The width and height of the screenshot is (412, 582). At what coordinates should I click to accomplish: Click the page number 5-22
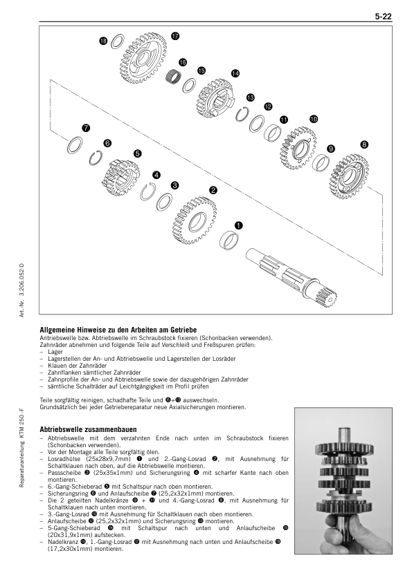tap(383, 17)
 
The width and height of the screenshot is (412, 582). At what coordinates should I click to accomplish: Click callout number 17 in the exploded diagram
tap(175, 36)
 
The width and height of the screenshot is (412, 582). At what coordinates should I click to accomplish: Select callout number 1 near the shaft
tap(238, 225)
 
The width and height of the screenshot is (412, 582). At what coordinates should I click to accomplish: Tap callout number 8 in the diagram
tap(364, 144)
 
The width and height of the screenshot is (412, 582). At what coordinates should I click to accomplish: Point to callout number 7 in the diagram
tap(86, 128)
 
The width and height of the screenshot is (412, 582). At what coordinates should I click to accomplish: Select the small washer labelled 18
tap(118, 41)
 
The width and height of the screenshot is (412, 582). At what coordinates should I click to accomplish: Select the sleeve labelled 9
tap(321, 162)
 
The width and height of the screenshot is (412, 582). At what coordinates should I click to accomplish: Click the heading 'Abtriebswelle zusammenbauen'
tap(88, 429)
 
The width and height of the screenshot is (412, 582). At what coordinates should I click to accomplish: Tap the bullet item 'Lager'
tap(55, 352)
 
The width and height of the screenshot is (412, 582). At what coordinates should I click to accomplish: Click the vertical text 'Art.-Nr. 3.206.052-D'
tap(21, 290)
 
